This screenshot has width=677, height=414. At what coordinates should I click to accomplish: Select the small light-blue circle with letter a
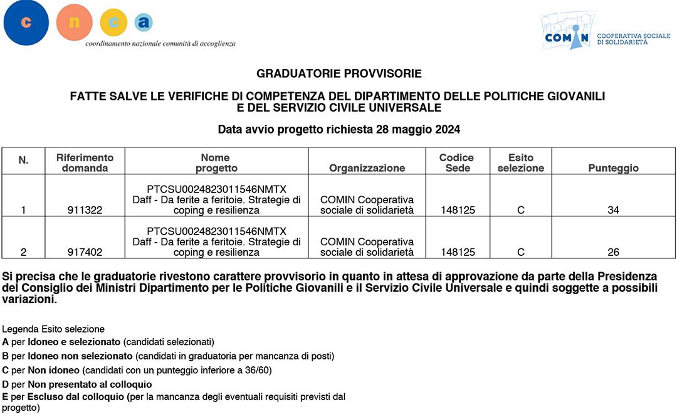(144, 23)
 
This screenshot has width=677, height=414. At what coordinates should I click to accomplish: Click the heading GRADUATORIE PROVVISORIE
(339, 74)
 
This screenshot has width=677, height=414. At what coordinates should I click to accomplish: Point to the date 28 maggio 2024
(418, 130)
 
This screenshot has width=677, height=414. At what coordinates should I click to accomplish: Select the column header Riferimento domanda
(85, 162)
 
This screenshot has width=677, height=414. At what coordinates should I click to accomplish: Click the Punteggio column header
(613, 168)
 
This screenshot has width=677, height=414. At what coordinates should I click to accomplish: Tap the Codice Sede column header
(456, 162)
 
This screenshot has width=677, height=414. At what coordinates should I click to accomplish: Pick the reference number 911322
(85, 211)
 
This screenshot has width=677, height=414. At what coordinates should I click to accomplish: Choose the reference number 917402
(85, 253)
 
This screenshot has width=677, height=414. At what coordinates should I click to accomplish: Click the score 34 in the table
(613, 211)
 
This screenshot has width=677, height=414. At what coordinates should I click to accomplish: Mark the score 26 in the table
(613, 253)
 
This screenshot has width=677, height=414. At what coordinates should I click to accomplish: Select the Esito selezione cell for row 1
(520, 211)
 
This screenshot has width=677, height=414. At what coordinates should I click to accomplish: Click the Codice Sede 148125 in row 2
(458, 253)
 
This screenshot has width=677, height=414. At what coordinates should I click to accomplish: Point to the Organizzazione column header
(367, 168)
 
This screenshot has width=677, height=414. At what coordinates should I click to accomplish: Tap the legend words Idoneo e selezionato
(73, 342)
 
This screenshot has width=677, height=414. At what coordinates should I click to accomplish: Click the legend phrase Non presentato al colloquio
(90, 384)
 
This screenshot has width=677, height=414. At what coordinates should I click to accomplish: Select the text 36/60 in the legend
(258, 370)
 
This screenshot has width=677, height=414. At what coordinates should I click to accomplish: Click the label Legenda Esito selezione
(53, 329)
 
